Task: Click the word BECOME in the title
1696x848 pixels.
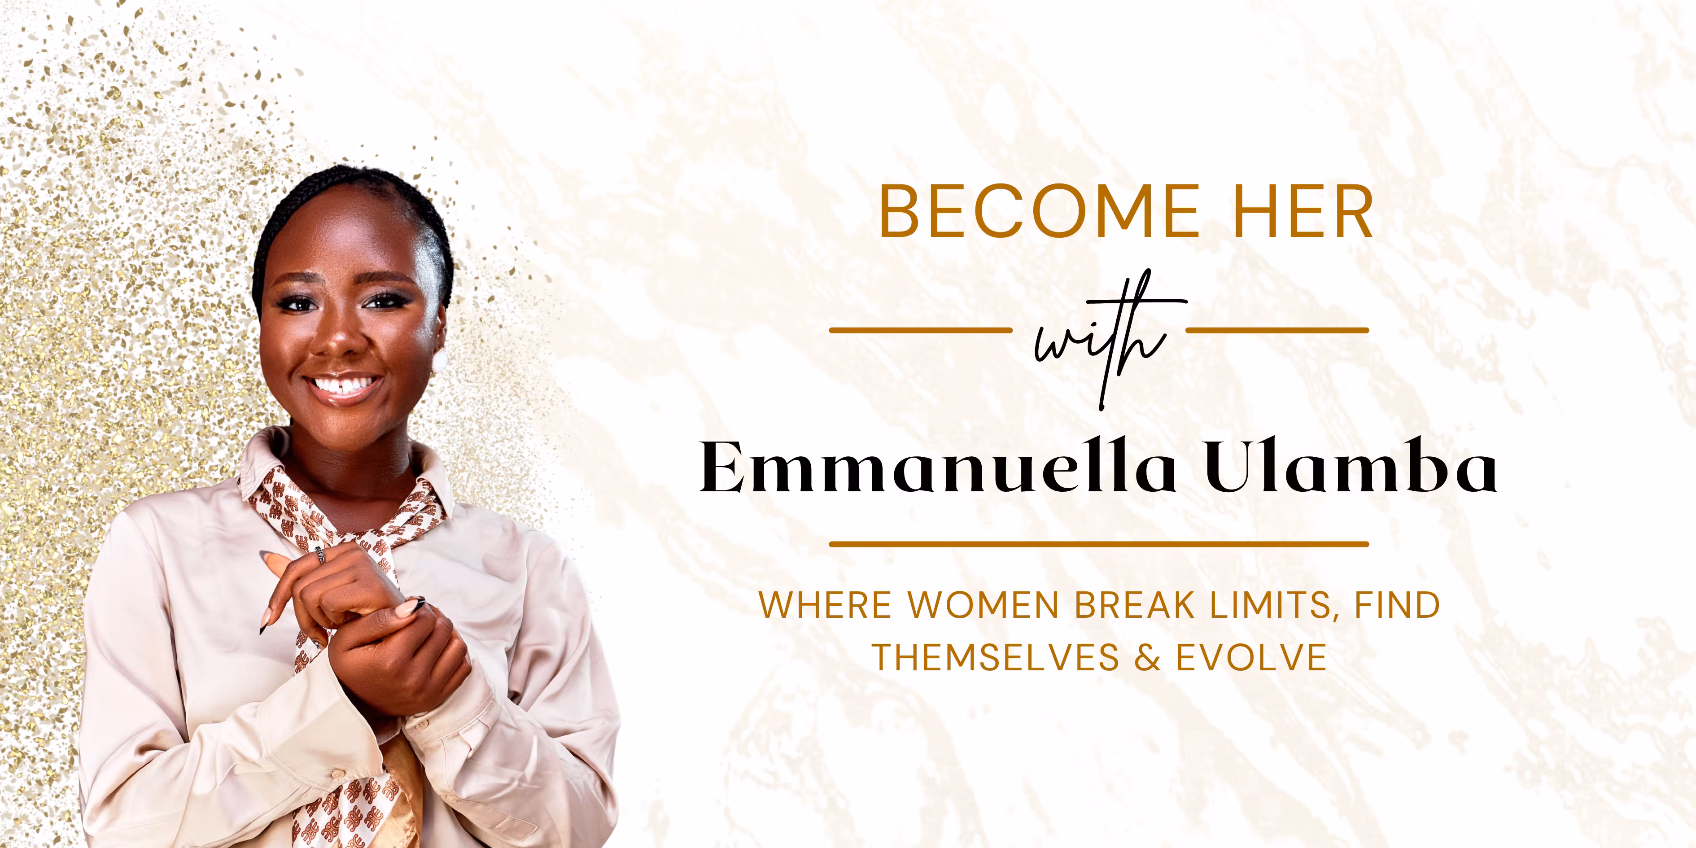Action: [1040, 211]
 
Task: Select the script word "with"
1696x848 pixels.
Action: [1100, 339]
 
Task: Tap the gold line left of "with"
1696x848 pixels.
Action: [920, 330]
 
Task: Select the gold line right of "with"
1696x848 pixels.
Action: [1277, 330]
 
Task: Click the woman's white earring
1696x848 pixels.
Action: [439, 361]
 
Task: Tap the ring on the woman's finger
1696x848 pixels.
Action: [320, 555]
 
